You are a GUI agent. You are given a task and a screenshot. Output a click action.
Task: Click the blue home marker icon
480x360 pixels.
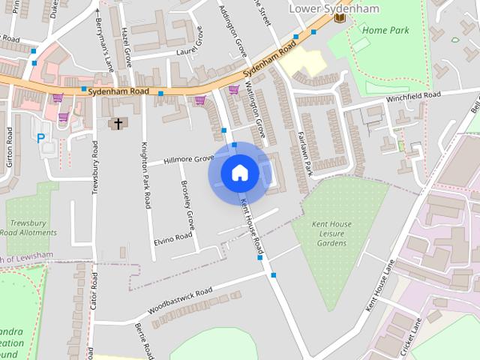(239, 173)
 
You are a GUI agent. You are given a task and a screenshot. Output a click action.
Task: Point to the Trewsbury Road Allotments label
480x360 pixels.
(32, 227)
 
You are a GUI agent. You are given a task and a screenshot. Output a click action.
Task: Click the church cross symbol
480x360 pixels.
(118, 123)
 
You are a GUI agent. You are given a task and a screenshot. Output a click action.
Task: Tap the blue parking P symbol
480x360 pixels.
(41, 137)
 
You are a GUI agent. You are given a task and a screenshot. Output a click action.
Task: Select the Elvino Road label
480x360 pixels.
(173, 238)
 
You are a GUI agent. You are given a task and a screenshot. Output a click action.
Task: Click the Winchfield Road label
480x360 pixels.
(413, 97)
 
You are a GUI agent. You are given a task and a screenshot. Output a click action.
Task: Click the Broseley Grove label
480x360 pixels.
(187, 205)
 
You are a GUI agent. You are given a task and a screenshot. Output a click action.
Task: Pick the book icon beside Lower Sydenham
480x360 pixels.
(340, 16)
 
